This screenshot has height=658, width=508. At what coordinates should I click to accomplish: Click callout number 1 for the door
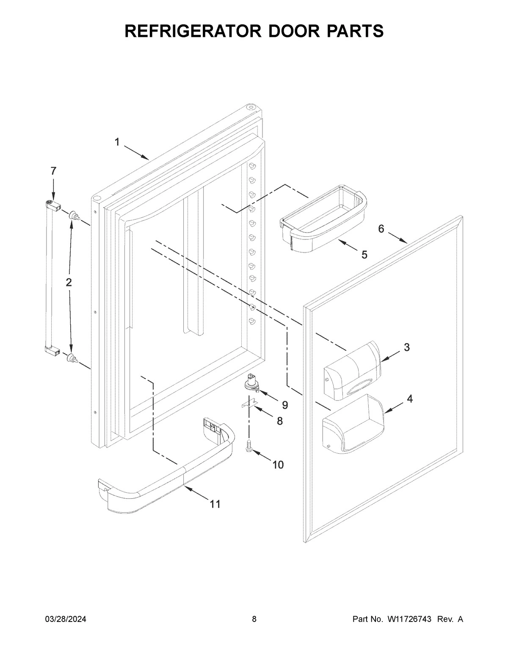click(117, 142)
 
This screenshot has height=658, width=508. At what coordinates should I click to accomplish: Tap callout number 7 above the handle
click(53, 171)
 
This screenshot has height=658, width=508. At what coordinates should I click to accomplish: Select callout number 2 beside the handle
click(69, 282)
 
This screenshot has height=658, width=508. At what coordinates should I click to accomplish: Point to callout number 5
click(364, 255)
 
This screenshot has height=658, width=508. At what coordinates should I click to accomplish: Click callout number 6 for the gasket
click(381, 229)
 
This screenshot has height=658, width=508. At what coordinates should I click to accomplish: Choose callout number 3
click(406, 347)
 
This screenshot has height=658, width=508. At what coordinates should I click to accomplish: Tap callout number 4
click(409, 399)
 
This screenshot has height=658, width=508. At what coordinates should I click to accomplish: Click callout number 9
click(285, 405)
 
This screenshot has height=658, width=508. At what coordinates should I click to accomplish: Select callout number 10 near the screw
click(278, 465)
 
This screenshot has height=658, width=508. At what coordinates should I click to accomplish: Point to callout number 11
click(215, 504)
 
